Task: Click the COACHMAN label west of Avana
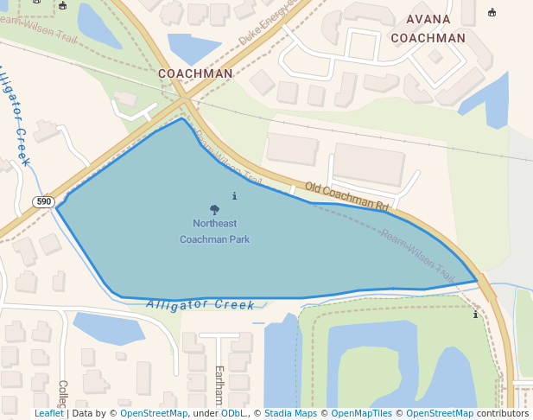pos(195,73)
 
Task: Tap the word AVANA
pos(428,19)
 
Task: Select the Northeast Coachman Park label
pos(214,231)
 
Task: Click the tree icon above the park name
pos(214,209)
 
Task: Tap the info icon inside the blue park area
pos(235,196)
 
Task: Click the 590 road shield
pos(44,202)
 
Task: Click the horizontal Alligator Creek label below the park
pos(200,304)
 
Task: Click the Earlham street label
pos(219,385)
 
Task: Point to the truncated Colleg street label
pos(62,393)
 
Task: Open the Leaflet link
pos(48,413)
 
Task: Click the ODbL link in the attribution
pos(233,413)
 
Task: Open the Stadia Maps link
pos(290,413)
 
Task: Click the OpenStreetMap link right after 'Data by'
pos(154,413)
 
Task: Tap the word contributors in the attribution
pos(503,413)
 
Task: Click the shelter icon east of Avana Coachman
pos(492,13)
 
